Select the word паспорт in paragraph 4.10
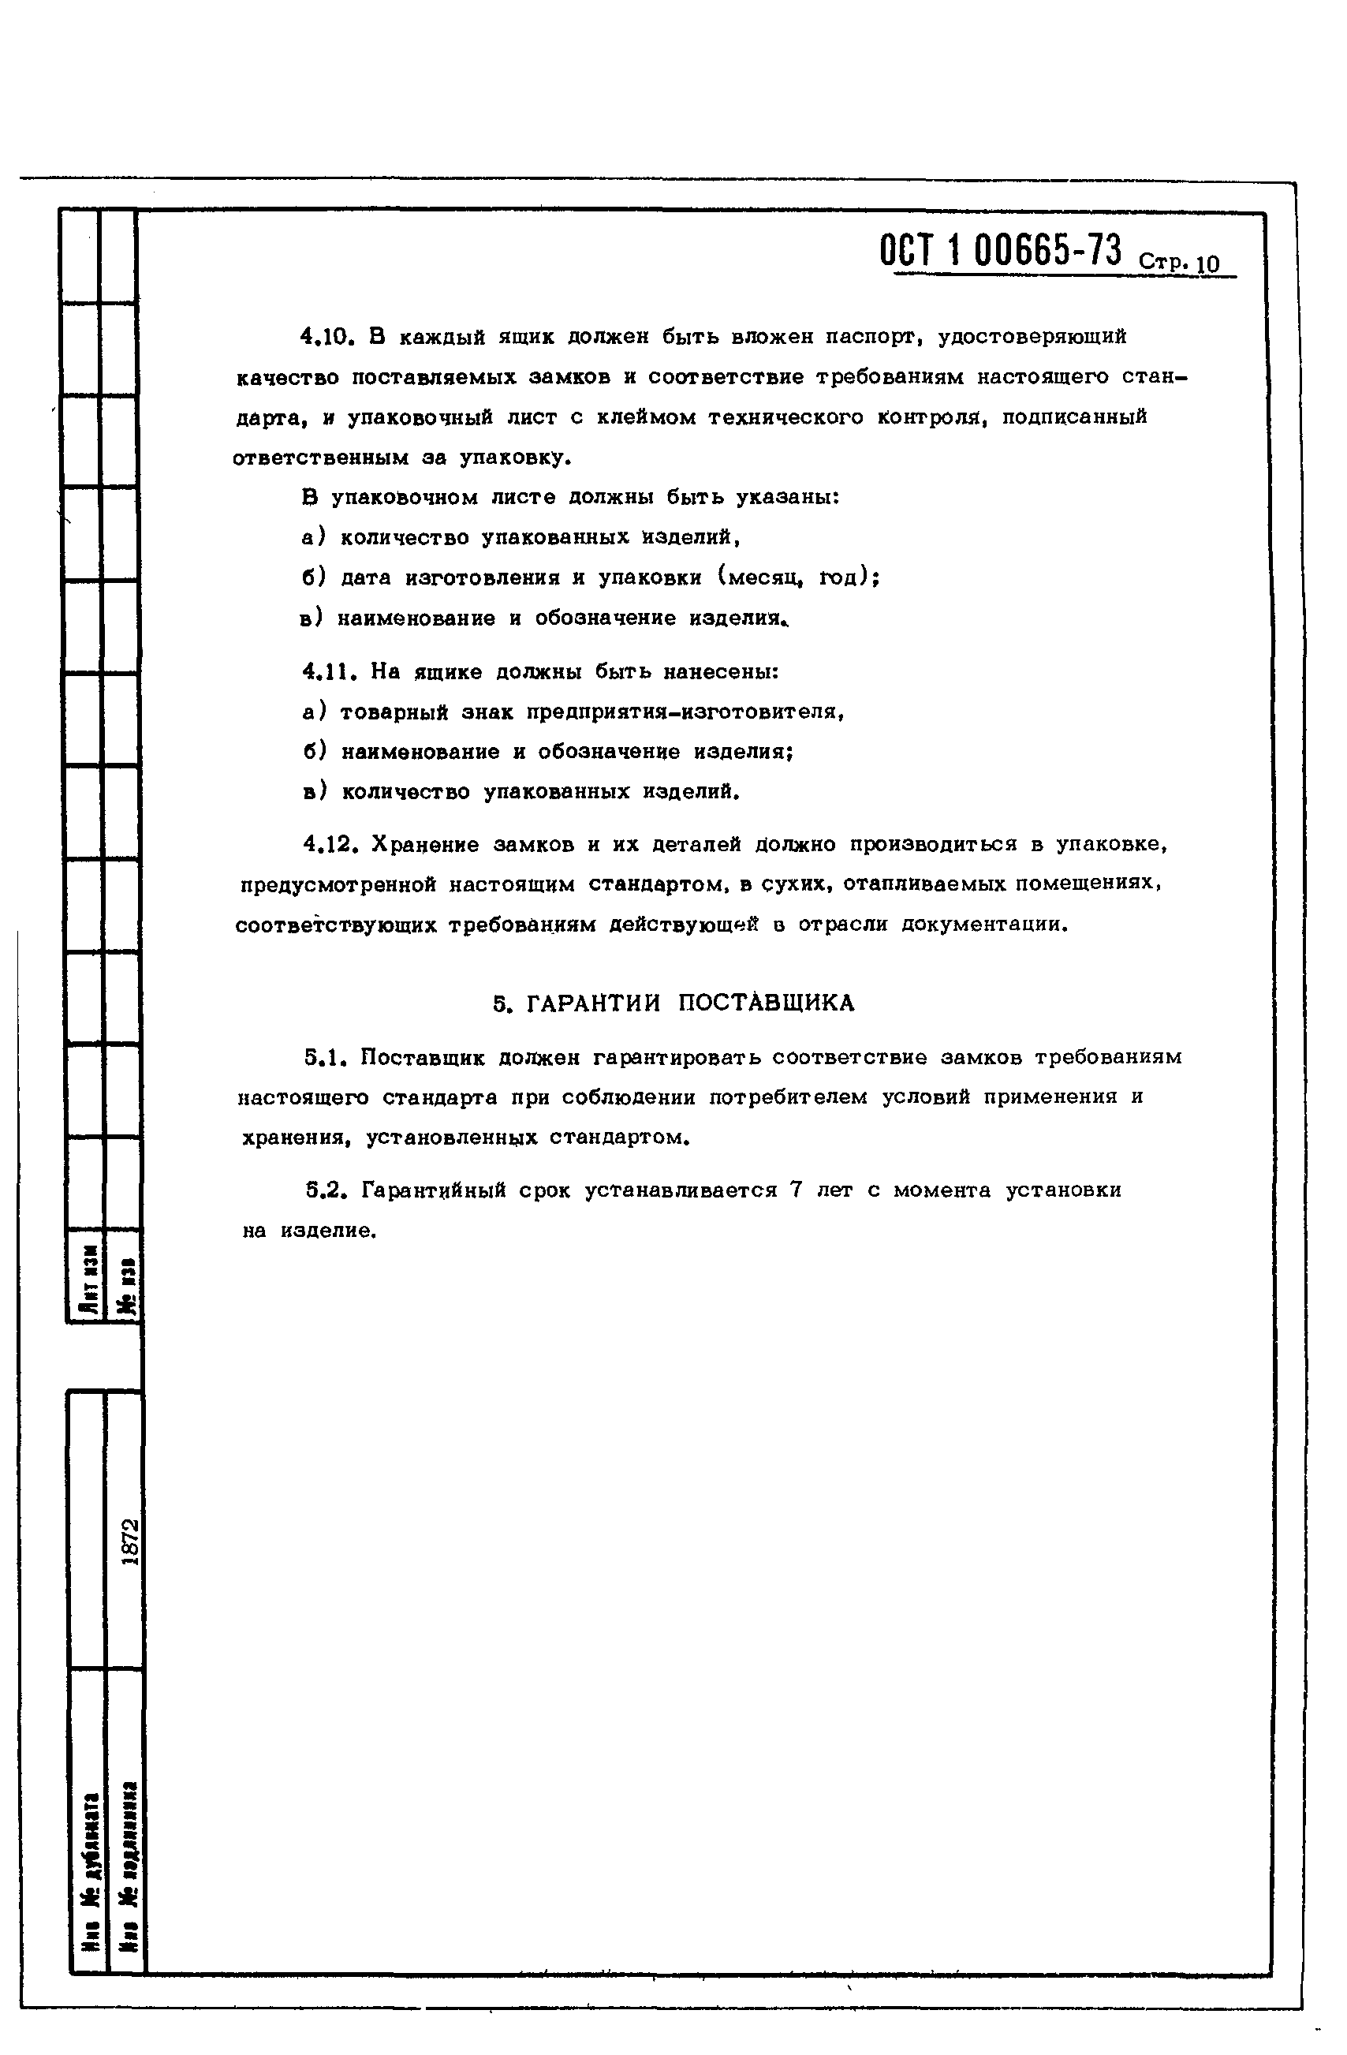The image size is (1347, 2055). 870,337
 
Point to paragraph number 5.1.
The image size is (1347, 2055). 326,1057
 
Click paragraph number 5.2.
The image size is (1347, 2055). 326,1190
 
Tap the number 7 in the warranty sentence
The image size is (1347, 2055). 796,1190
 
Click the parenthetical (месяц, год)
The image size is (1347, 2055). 793,577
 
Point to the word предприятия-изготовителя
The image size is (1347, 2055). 682,712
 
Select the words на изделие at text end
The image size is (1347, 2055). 309,1231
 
